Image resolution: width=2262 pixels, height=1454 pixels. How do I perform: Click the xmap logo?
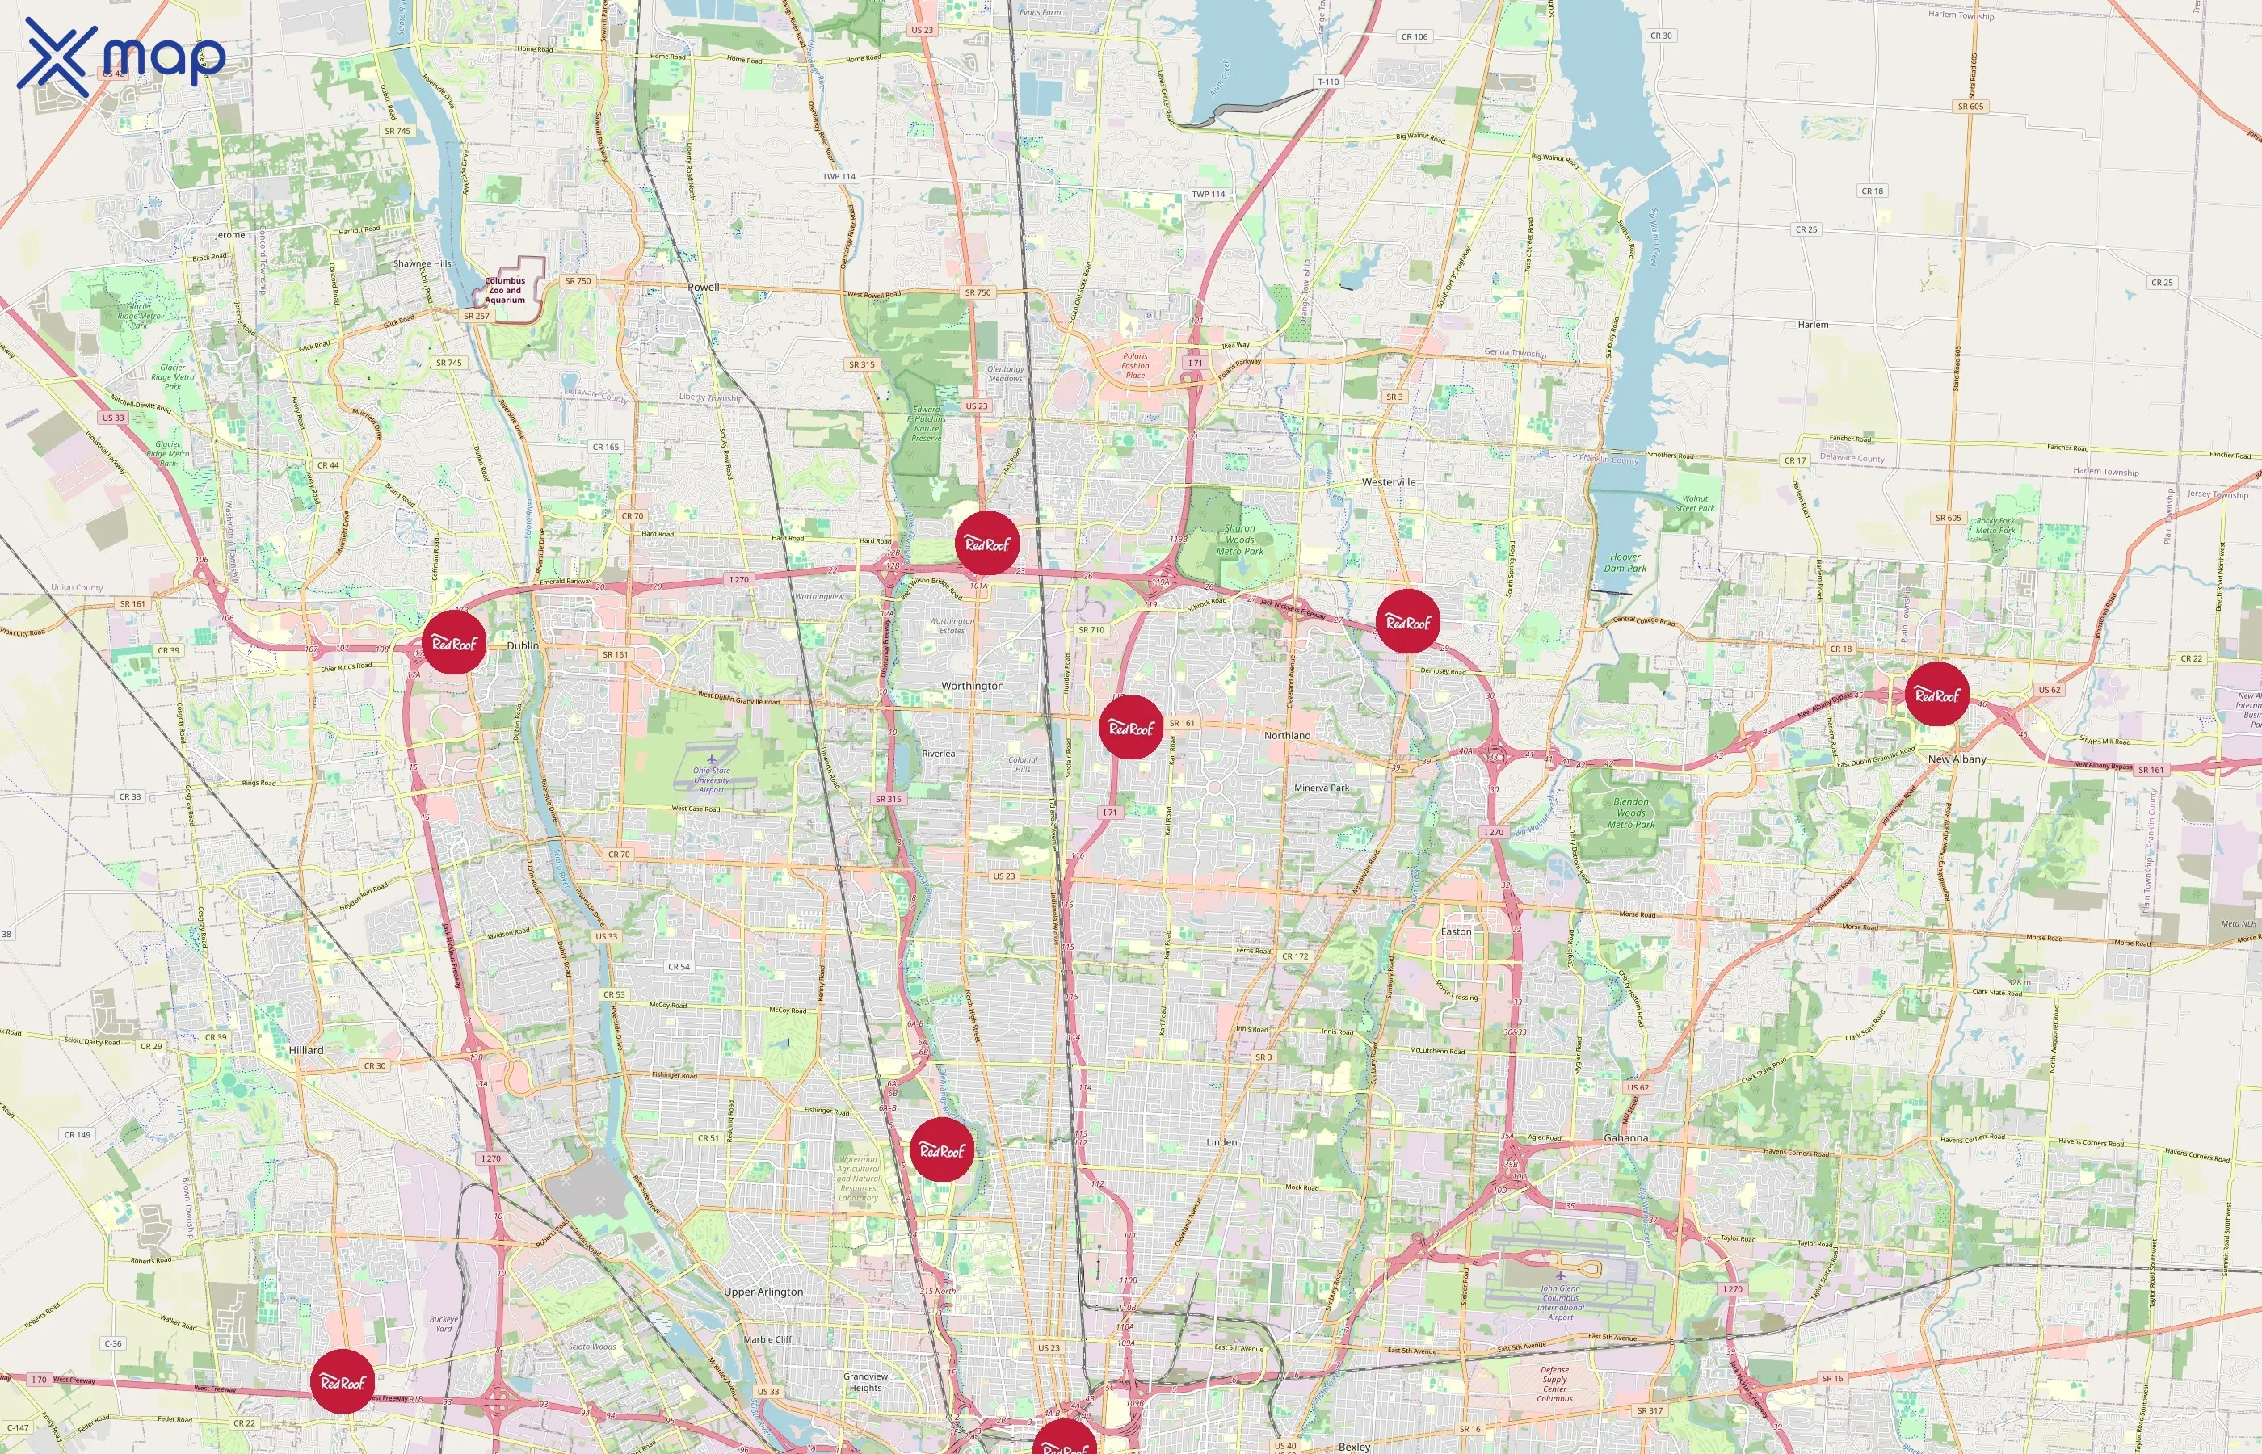[121, 57]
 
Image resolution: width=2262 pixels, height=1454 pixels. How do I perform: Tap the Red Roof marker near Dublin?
[454, 642]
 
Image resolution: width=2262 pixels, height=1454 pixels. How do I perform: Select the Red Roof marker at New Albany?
[1937, 694]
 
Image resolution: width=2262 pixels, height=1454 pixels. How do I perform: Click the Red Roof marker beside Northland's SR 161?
[1131, 727]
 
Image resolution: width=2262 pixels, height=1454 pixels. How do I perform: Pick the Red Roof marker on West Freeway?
[343, 1381]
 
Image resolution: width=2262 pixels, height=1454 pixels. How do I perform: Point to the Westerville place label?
[1388, 481]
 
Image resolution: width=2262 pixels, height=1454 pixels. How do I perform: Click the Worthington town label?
[973, 686]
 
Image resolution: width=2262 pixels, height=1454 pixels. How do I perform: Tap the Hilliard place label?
[306, 1050]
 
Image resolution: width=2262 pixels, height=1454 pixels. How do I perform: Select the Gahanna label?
[1625, 1137]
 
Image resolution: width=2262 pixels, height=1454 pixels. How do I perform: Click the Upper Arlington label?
[763, 1292]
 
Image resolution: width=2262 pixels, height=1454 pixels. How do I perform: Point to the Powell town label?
[704, 287]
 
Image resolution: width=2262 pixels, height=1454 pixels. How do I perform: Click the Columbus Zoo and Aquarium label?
[505, 290]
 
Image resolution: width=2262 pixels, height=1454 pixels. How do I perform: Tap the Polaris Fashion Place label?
[1135, 365]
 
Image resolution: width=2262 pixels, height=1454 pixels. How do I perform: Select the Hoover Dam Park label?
[1625, 563]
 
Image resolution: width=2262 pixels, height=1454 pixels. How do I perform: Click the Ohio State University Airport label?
[712, 780]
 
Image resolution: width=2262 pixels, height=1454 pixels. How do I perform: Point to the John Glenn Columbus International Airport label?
[1560, 1302]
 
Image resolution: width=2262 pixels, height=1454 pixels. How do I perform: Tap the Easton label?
[1456, 931]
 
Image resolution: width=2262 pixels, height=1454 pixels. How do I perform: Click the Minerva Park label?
[1322, 788]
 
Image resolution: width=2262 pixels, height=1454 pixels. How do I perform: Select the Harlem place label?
[1813, 325]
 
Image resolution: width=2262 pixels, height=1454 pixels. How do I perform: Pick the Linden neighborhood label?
[1221, 1141]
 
